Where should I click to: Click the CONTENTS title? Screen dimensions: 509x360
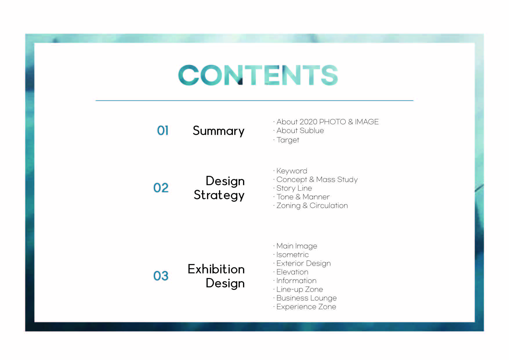(258, 75)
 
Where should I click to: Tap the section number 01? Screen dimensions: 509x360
(163, 131)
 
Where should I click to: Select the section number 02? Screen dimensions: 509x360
(161, 188)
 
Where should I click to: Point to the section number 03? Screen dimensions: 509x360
(161, 276)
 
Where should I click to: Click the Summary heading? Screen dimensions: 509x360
(219, 131)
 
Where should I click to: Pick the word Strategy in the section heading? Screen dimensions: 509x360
(219, 195)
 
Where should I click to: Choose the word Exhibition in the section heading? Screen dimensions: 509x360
(216, 269)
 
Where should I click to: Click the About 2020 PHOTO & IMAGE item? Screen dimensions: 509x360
(327, 122)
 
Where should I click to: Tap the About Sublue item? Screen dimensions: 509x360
(300, 131)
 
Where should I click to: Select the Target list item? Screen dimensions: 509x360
(288, 140)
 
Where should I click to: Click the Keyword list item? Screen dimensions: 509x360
(291, 171)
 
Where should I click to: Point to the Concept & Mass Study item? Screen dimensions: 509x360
(317, 180)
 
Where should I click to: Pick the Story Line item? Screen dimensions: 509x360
(294, 188)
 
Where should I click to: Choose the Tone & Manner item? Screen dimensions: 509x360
(303, 197)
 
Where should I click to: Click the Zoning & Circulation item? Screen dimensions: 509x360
(312, 206)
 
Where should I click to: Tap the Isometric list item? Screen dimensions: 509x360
(292, 255)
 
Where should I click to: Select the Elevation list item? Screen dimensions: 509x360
(292, 272)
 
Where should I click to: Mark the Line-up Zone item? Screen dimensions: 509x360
(300, 290)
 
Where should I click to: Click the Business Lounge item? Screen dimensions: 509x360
(307, 298)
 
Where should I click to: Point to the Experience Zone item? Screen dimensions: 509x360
(306, 307)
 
